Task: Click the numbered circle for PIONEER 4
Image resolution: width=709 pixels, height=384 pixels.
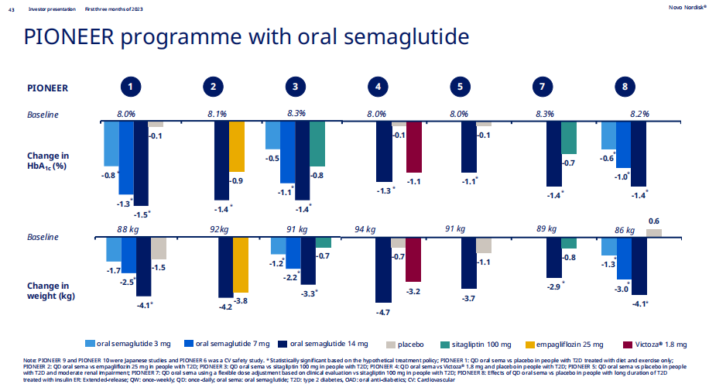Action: pyautogui.click(x=378, y=87)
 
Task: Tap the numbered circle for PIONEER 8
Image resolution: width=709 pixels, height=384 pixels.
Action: pyautogui.click(x=625, y=87)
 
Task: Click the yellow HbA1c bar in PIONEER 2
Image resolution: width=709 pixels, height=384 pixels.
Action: pyautogui.click(x=236, y=148)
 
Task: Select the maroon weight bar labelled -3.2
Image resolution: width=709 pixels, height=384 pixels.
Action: pyautogui.click(x=413, y=259)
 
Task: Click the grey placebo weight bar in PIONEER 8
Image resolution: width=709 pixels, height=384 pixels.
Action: pyautogui.click(x=653, y=232)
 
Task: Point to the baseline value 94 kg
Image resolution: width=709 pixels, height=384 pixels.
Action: pyautogui.click(x=365, y=229)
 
